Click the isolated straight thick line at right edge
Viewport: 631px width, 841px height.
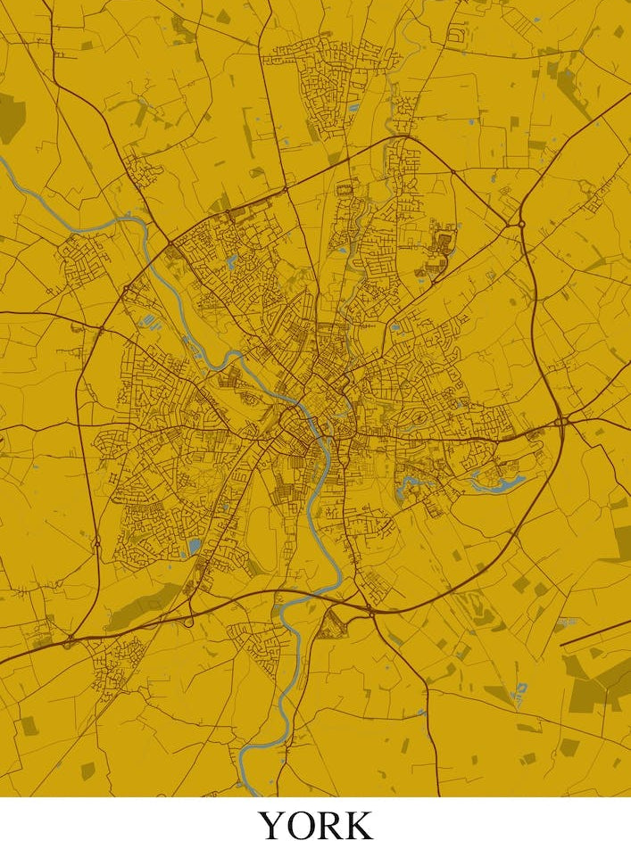[594, 632]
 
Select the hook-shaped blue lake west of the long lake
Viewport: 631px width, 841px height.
[411, 487]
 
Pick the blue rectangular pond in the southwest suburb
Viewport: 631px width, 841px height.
[194, 544]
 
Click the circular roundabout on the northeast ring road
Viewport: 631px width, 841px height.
[520, 220]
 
